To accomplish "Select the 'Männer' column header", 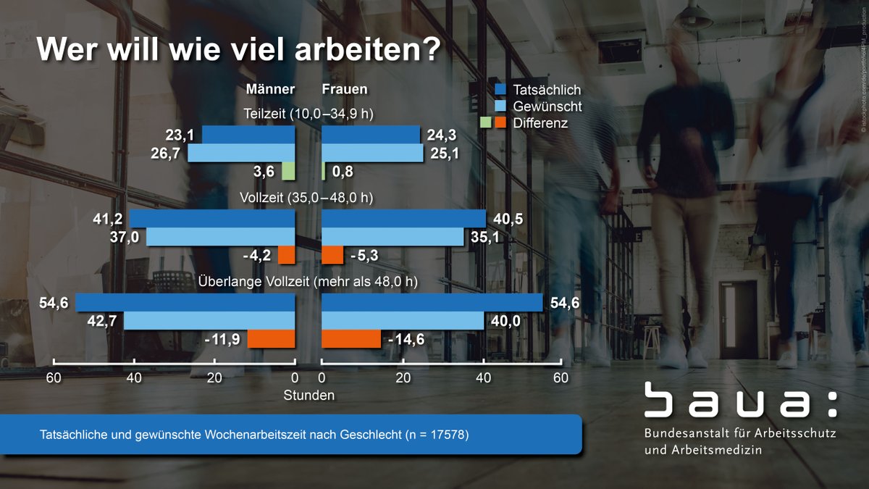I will (270, 90).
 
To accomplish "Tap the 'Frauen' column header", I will (344, 90).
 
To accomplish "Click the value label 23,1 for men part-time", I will (181, 135).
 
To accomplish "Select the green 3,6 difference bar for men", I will (288, 171).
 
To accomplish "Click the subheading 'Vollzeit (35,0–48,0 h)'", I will (309, 198).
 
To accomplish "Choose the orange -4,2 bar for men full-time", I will (287, 255).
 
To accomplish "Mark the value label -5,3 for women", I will (364, 256).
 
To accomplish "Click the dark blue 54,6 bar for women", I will (432, 302).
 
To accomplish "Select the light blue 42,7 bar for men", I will (209, 320).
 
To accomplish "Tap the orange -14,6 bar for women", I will (351, 339).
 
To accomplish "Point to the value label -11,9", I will (223, 339).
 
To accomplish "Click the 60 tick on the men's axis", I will (53, 377).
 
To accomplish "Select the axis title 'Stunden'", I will (308, 396).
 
